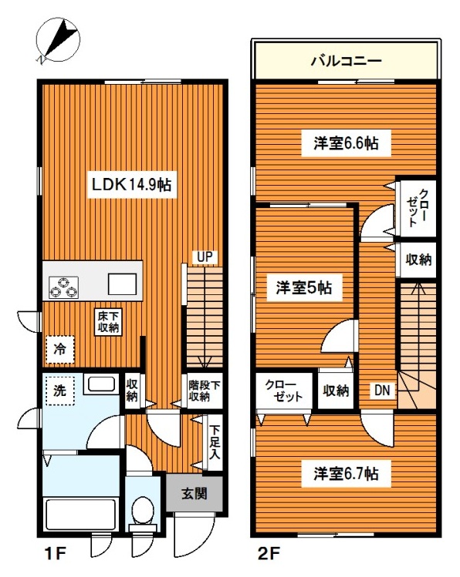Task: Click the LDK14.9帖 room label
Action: click(x=131, y=184)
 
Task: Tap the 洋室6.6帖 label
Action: click(x=346, y=143)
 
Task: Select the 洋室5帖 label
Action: click(x=304, y=288)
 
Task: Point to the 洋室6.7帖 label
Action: click(x=346, y=474)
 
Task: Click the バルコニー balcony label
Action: click(x=346, y=61)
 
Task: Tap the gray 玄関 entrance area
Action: click(x=194, y=494)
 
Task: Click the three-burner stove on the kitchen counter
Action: click(x=64, y=287)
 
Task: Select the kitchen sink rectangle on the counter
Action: click(x=122, y=284)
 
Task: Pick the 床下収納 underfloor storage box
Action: click(x=108, y=321)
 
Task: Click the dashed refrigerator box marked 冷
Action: click(x=60, y=349)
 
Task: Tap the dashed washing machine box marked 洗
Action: click(x=60, y=391)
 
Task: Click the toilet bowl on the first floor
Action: click(x=143, y=511)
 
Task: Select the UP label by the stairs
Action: click(x=205, y=257)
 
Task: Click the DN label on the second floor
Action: click(x=382, y=390)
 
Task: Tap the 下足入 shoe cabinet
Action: click(x=215, y=443)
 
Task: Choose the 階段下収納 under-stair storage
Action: click(x=205, y=391)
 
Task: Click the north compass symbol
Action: click(x=58, y=39)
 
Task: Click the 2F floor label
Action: click(x=269, y=553)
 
